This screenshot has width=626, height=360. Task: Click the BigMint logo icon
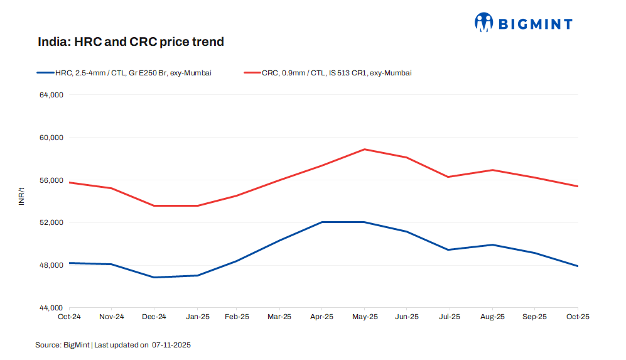pyautogui.click(x=484, y=23)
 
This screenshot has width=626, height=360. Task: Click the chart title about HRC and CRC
pyautogui.click(x=131, y=42)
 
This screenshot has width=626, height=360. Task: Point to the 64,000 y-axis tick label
pyautogui.click(x=52, y=95)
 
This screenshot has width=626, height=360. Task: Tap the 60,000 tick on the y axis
pyautogui.click(x=52, y=138)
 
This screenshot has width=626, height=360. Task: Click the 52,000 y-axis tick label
pyautogui.click(x=52, y=222)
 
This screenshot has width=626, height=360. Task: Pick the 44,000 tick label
pyautogui.click(x=52, y=308)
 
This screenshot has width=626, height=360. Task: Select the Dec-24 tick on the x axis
pyautogui.click(x=154, y=317)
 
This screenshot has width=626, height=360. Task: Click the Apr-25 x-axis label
pyautogui.click(x=322, y=317)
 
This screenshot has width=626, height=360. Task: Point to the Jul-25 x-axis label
pyautogui.click(x=448, y=317)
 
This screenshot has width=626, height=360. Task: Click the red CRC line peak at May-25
pyautogui.click(x=364, y=150)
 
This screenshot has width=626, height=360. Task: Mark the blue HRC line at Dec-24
pyautogui.click(x=154, y=277)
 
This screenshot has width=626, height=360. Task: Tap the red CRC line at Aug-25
pyautogui.click(x=492, y=170)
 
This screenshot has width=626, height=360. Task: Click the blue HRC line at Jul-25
pyautogui.click(x=448, y=249)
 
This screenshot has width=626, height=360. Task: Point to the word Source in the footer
pyautogui.click(x=47, y=345)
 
